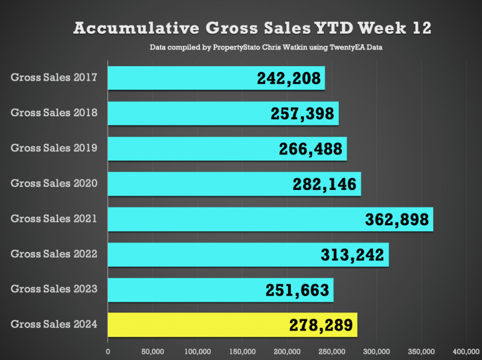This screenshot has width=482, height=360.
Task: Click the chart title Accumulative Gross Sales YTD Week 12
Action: click(x=252, y=28)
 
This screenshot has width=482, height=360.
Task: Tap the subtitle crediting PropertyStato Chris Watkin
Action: click(x=266, y=47)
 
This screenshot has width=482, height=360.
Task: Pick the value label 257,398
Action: click(x=303, y=114)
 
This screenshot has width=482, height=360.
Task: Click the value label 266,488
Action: click(x=311, y=149)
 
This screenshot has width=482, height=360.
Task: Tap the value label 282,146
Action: click(x=324, y=184)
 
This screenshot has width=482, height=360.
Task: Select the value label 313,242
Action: click(x=353, y=255)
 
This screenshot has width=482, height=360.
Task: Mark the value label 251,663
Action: click(x=298, y=290)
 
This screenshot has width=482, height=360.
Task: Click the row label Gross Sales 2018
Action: click(x=54, y=113)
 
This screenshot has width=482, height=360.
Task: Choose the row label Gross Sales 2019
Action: click(x=54, y=148)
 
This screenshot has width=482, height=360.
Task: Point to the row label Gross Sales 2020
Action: click(x=54, y=184)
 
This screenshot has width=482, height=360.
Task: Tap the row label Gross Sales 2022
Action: click(x=54, y=254)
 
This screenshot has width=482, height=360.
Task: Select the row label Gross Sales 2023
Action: click(x=54, y=289)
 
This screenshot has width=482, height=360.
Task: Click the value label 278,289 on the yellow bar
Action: click(x=321, y=326)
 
